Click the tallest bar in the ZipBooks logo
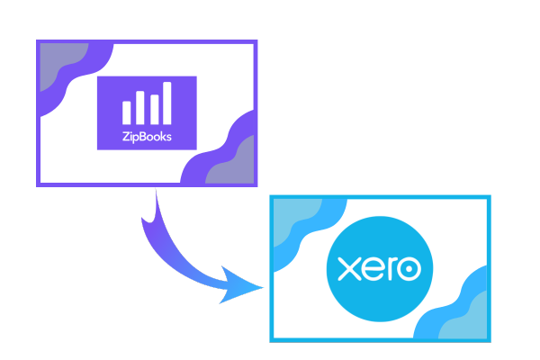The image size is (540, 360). coord(167,103)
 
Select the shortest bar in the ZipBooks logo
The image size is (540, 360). coord(126,112)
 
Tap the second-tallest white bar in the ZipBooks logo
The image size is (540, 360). coord(140,107)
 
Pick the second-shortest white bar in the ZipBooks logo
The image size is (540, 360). coord(154,110)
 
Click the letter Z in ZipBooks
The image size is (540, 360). coord(126,137)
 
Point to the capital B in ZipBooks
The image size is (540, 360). coord(144,137)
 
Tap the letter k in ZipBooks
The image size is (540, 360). coord(163,137)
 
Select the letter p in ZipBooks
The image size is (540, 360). coord(137,139)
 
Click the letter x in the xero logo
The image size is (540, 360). coord(348,269)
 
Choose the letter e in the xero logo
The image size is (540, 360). coord(371,269)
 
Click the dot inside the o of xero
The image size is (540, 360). coord(409,269)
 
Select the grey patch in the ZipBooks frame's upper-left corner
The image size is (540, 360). coord(60,62)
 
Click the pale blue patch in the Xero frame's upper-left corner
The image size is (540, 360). coord(292,218)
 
